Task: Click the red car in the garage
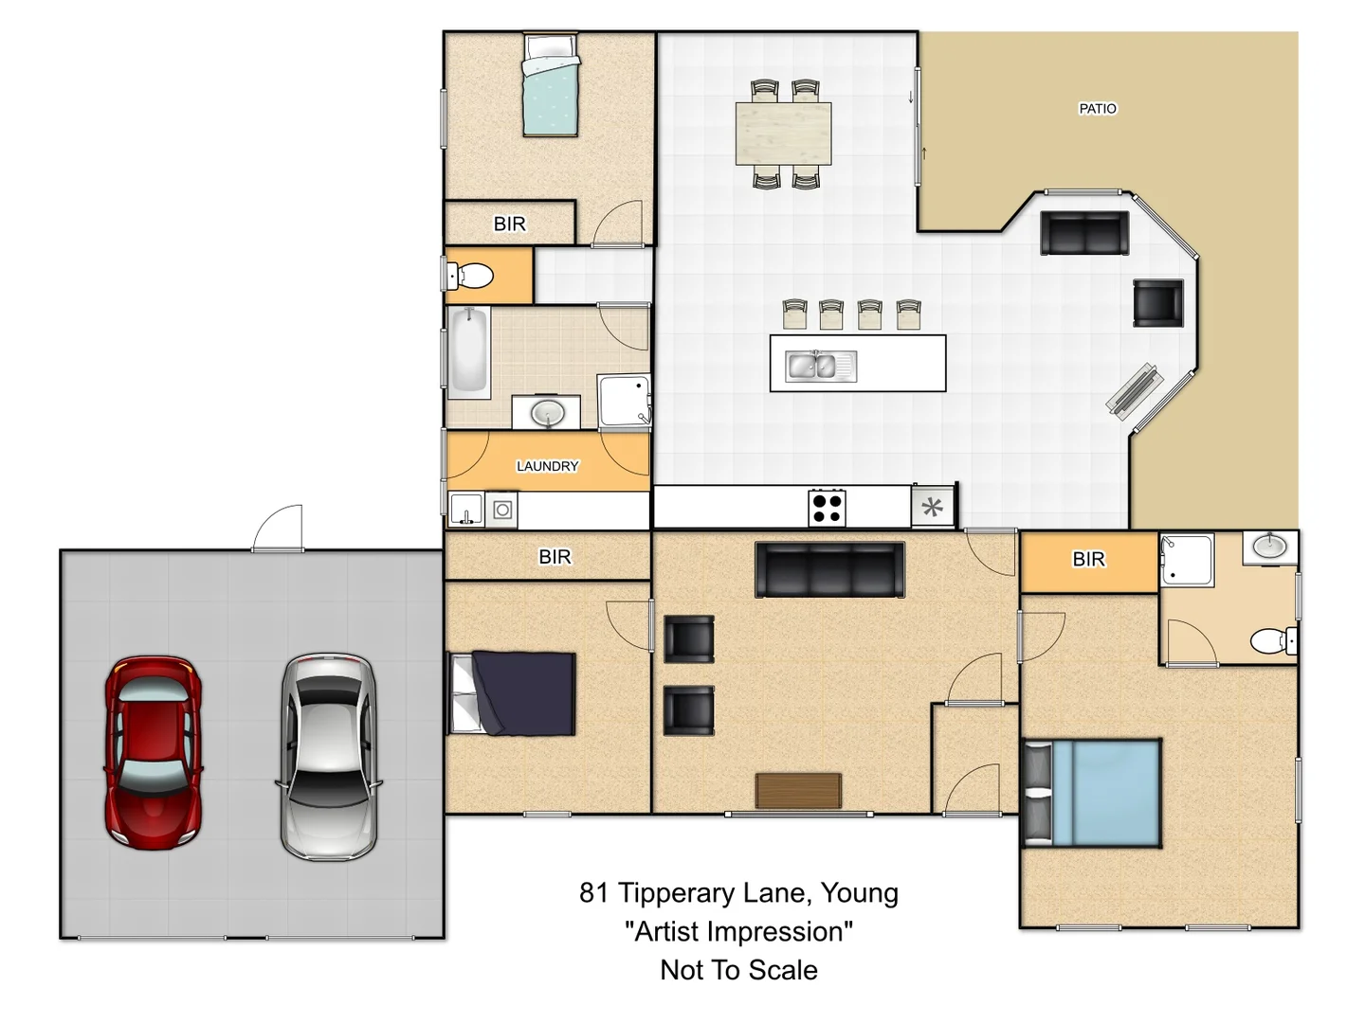click(x=153, y=752)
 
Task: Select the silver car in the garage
click(x=329, y=756)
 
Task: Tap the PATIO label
click(x=1097, y=109)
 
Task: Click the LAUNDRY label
click(x=547, y=466)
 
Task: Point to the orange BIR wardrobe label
click(x=1088, y=560)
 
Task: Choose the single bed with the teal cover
click(x=551, y=85)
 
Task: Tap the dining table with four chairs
click(x=783, y=134)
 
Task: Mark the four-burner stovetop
click(x=827, y=507)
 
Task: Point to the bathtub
click(x=469, y=350)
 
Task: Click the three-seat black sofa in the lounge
click(x=829, y=569)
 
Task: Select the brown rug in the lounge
click(x=798, y=790)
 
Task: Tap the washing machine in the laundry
click(x=502, y=511)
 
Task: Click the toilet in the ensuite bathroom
click(x=1273, y=641)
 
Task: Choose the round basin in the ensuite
click(x=1269, y=547)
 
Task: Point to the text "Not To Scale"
click(x=738, y=970)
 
